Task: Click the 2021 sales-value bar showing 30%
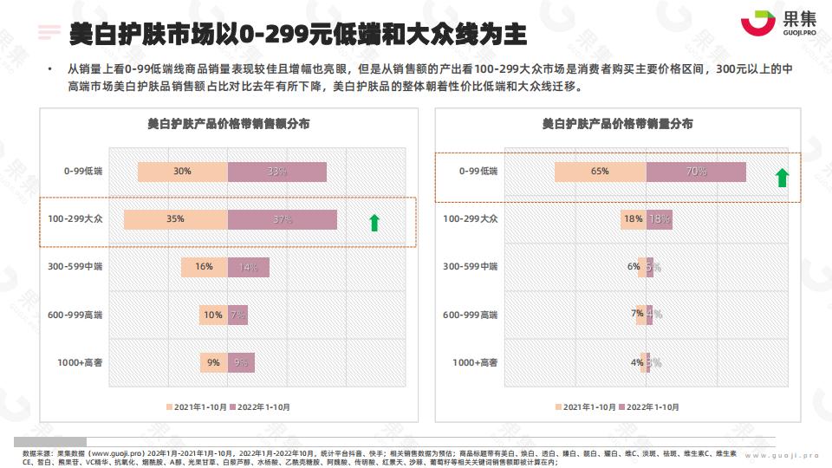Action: pos(183,172)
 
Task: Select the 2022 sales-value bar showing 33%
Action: pos(276,172)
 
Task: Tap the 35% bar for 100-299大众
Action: pos(176,219)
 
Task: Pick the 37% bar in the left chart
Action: pos(282,219)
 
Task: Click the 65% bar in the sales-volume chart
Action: pos(601,172)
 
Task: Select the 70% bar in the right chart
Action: pos(696,172)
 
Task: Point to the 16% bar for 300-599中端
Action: pos(205,267)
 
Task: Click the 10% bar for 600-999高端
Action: pos(213,315)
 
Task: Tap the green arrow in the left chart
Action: pos(374,223)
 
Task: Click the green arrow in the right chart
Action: pos(782,179)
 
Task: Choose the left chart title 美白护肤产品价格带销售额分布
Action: pos(228,124)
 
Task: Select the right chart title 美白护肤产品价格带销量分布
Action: pos(617,124)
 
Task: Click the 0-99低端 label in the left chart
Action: pos(83,172)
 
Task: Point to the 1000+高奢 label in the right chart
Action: pos(475,362)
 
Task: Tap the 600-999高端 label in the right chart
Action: pos(471,315)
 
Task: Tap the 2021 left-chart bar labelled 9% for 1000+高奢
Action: pos(213,362)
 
